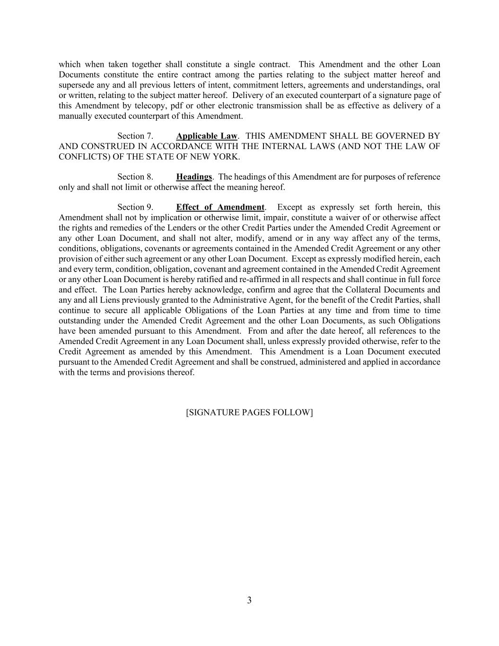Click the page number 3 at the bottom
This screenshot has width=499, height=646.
[249, 601]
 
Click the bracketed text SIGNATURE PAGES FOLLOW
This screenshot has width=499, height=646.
[249, 412]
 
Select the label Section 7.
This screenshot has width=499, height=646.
[135, 136]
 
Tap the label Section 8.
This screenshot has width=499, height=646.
[135, 177]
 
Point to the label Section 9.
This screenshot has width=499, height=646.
[135, 207]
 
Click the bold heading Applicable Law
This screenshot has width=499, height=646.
[206, 136]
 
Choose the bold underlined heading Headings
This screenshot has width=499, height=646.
[194, 177]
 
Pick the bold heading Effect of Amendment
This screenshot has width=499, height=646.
[220, 207]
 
